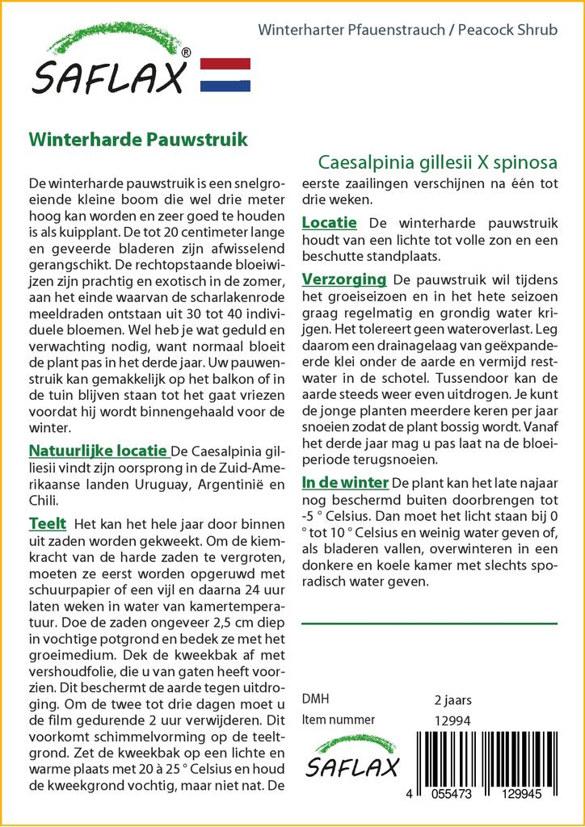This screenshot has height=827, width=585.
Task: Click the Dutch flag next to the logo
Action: coord(225,74)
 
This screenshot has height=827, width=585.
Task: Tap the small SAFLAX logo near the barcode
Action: coord(351,758)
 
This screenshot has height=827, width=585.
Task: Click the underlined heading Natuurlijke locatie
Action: coord(98,451)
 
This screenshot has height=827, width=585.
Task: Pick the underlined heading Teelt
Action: coord(48,523)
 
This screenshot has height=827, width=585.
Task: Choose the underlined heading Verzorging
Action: coord(343,279)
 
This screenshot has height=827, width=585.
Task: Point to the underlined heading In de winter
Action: coord(345,483)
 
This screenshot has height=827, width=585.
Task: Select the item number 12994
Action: coord(452,720)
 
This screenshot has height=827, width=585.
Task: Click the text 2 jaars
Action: coord(452,699)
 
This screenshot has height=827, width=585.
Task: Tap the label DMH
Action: coord(315,699)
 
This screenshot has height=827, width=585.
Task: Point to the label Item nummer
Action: coord(338,720)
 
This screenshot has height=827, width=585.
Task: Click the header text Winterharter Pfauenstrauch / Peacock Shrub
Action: coord(407,31)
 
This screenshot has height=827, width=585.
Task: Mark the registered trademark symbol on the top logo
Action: coord(187,52)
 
